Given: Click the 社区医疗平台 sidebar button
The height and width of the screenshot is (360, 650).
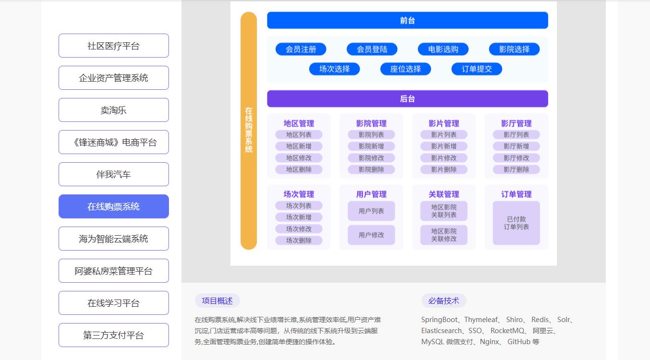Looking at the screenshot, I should point(113,46).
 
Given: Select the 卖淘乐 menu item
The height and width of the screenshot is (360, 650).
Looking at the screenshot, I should point(113,110).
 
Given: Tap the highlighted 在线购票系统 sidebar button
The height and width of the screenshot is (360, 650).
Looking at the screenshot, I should point(113,206).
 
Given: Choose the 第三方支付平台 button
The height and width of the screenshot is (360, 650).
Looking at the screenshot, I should point(113,335).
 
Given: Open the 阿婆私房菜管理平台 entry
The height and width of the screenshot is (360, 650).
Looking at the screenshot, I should point(113,271).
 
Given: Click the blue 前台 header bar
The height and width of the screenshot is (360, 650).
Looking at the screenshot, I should point(407,21).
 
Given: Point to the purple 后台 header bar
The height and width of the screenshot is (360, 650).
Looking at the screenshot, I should point(407,99).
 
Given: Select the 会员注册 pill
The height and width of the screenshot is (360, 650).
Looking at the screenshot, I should point(301,49).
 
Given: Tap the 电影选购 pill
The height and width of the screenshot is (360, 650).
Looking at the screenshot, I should point(443,49).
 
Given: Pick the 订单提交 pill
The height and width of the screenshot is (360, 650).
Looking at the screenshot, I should point(477,69).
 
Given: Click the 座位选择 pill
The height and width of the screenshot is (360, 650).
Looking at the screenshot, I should point(405,69).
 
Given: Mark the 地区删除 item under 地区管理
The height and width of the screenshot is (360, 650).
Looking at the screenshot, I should point(299,169).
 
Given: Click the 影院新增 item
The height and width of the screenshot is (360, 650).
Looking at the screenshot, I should point(371,146).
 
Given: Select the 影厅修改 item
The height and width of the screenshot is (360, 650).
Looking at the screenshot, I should point(516,158).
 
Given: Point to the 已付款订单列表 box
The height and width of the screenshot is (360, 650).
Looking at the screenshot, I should point(516,223).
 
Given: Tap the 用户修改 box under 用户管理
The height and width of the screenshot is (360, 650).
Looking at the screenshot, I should point(371,235).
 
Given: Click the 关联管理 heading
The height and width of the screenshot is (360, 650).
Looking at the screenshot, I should point(444,194).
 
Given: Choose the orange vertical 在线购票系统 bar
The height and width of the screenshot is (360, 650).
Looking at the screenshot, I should point(249,131).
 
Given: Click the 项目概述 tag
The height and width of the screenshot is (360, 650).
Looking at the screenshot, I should point(217,301).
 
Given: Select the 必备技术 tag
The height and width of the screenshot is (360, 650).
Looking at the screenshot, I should point(444,301).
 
